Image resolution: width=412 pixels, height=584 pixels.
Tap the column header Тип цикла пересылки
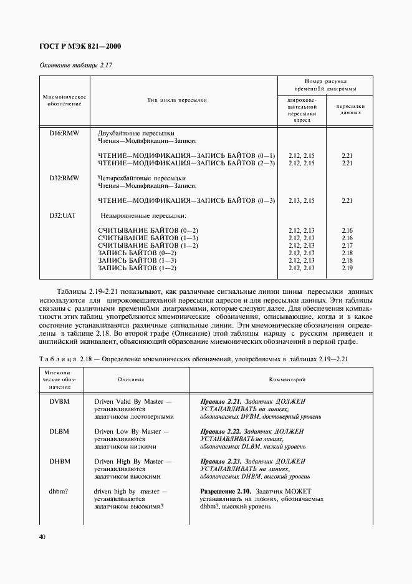(x=177, y=100)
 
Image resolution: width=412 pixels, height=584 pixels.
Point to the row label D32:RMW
(x=64, y=178)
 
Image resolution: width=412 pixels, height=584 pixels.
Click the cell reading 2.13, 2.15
(x=302, y=200)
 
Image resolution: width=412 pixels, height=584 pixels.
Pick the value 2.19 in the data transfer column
(x=347, y=268)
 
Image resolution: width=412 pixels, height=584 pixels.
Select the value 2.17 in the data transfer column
(x=347, y=245)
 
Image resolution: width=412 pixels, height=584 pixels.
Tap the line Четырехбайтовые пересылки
(x=137, y=178)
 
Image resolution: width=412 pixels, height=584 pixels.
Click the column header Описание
(x=131, y=379)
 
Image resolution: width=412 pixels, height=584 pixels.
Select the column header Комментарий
(x=287, y=379)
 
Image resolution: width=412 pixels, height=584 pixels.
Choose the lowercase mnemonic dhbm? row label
(x=59, y=491)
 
